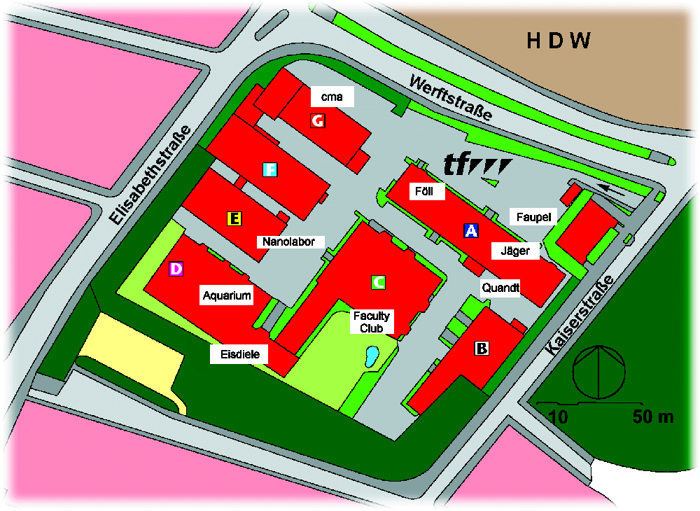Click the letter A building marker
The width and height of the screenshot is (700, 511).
point(471,230)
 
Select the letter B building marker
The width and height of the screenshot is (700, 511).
point(481,348)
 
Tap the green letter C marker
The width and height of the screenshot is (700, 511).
point(377,282)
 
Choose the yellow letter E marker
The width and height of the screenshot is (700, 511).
point(234,219)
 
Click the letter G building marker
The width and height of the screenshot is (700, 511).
point(318,121)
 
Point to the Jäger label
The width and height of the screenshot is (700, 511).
point(515,251)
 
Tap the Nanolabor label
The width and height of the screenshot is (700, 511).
point(294,242)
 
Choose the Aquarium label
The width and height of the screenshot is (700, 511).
point(226,295)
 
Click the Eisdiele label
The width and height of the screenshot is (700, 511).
point(239,355)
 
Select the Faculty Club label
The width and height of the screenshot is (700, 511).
point(372,321)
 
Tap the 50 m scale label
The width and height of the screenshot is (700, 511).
point(652,418)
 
